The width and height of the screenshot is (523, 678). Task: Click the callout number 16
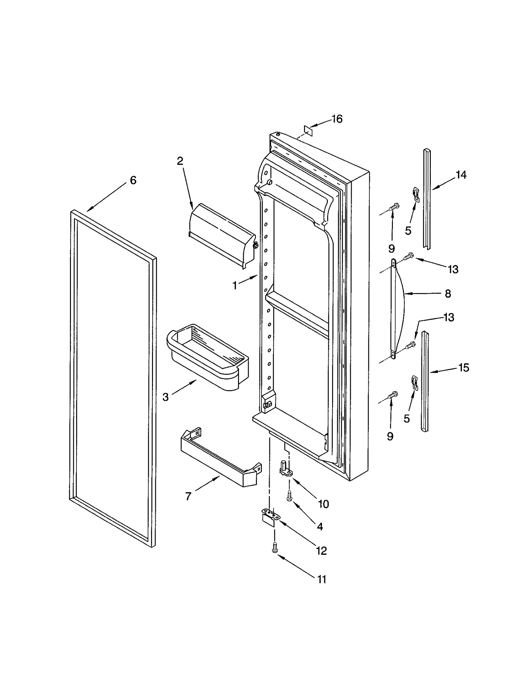[337, 119]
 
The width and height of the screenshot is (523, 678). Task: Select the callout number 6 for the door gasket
[133, 180]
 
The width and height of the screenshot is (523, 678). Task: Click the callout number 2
[180, 161]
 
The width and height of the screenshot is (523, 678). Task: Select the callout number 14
[461, 175]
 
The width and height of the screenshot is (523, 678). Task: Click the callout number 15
[464, 368]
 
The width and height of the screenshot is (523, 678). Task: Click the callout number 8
[448, 294]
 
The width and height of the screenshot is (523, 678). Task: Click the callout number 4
[320, 526]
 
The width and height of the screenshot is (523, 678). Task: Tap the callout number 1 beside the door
[235, 286]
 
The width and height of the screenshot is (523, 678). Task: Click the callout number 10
[323, 504]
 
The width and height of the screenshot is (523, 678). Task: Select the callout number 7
[188, 496]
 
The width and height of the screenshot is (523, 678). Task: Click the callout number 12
[321, 551]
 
